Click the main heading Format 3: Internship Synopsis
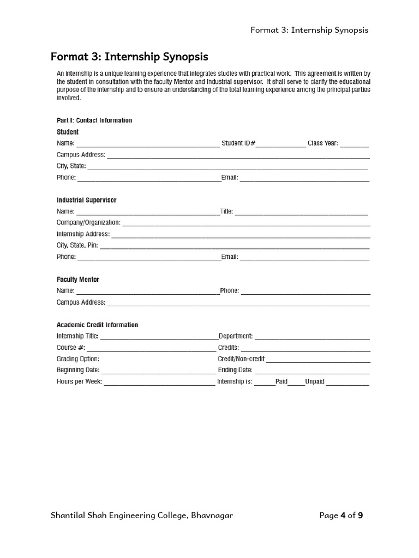pos(129,57)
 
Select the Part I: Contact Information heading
pos(94,120)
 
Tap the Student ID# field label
pos(238,144)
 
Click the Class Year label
pos(323,144)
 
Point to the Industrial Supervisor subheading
pos(86,200)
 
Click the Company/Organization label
pos(88,223)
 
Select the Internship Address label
pos(83,234)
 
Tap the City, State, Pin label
pos(77,246)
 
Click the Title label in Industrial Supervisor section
pos(226,211)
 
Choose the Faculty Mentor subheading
pos(78,280)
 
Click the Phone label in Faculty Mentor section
pos(229,291)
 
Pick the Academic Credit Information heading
pos(97,325)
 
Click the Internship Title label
pos(77,336)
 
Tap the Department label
pos(235,336)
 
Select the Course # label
pos(71,348)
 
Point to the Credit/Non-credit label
pos(241,359)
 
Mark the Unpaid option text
pos(315,382)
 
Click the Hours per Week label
pos(79,382)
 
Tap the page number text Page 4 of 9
pos(341,515)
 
